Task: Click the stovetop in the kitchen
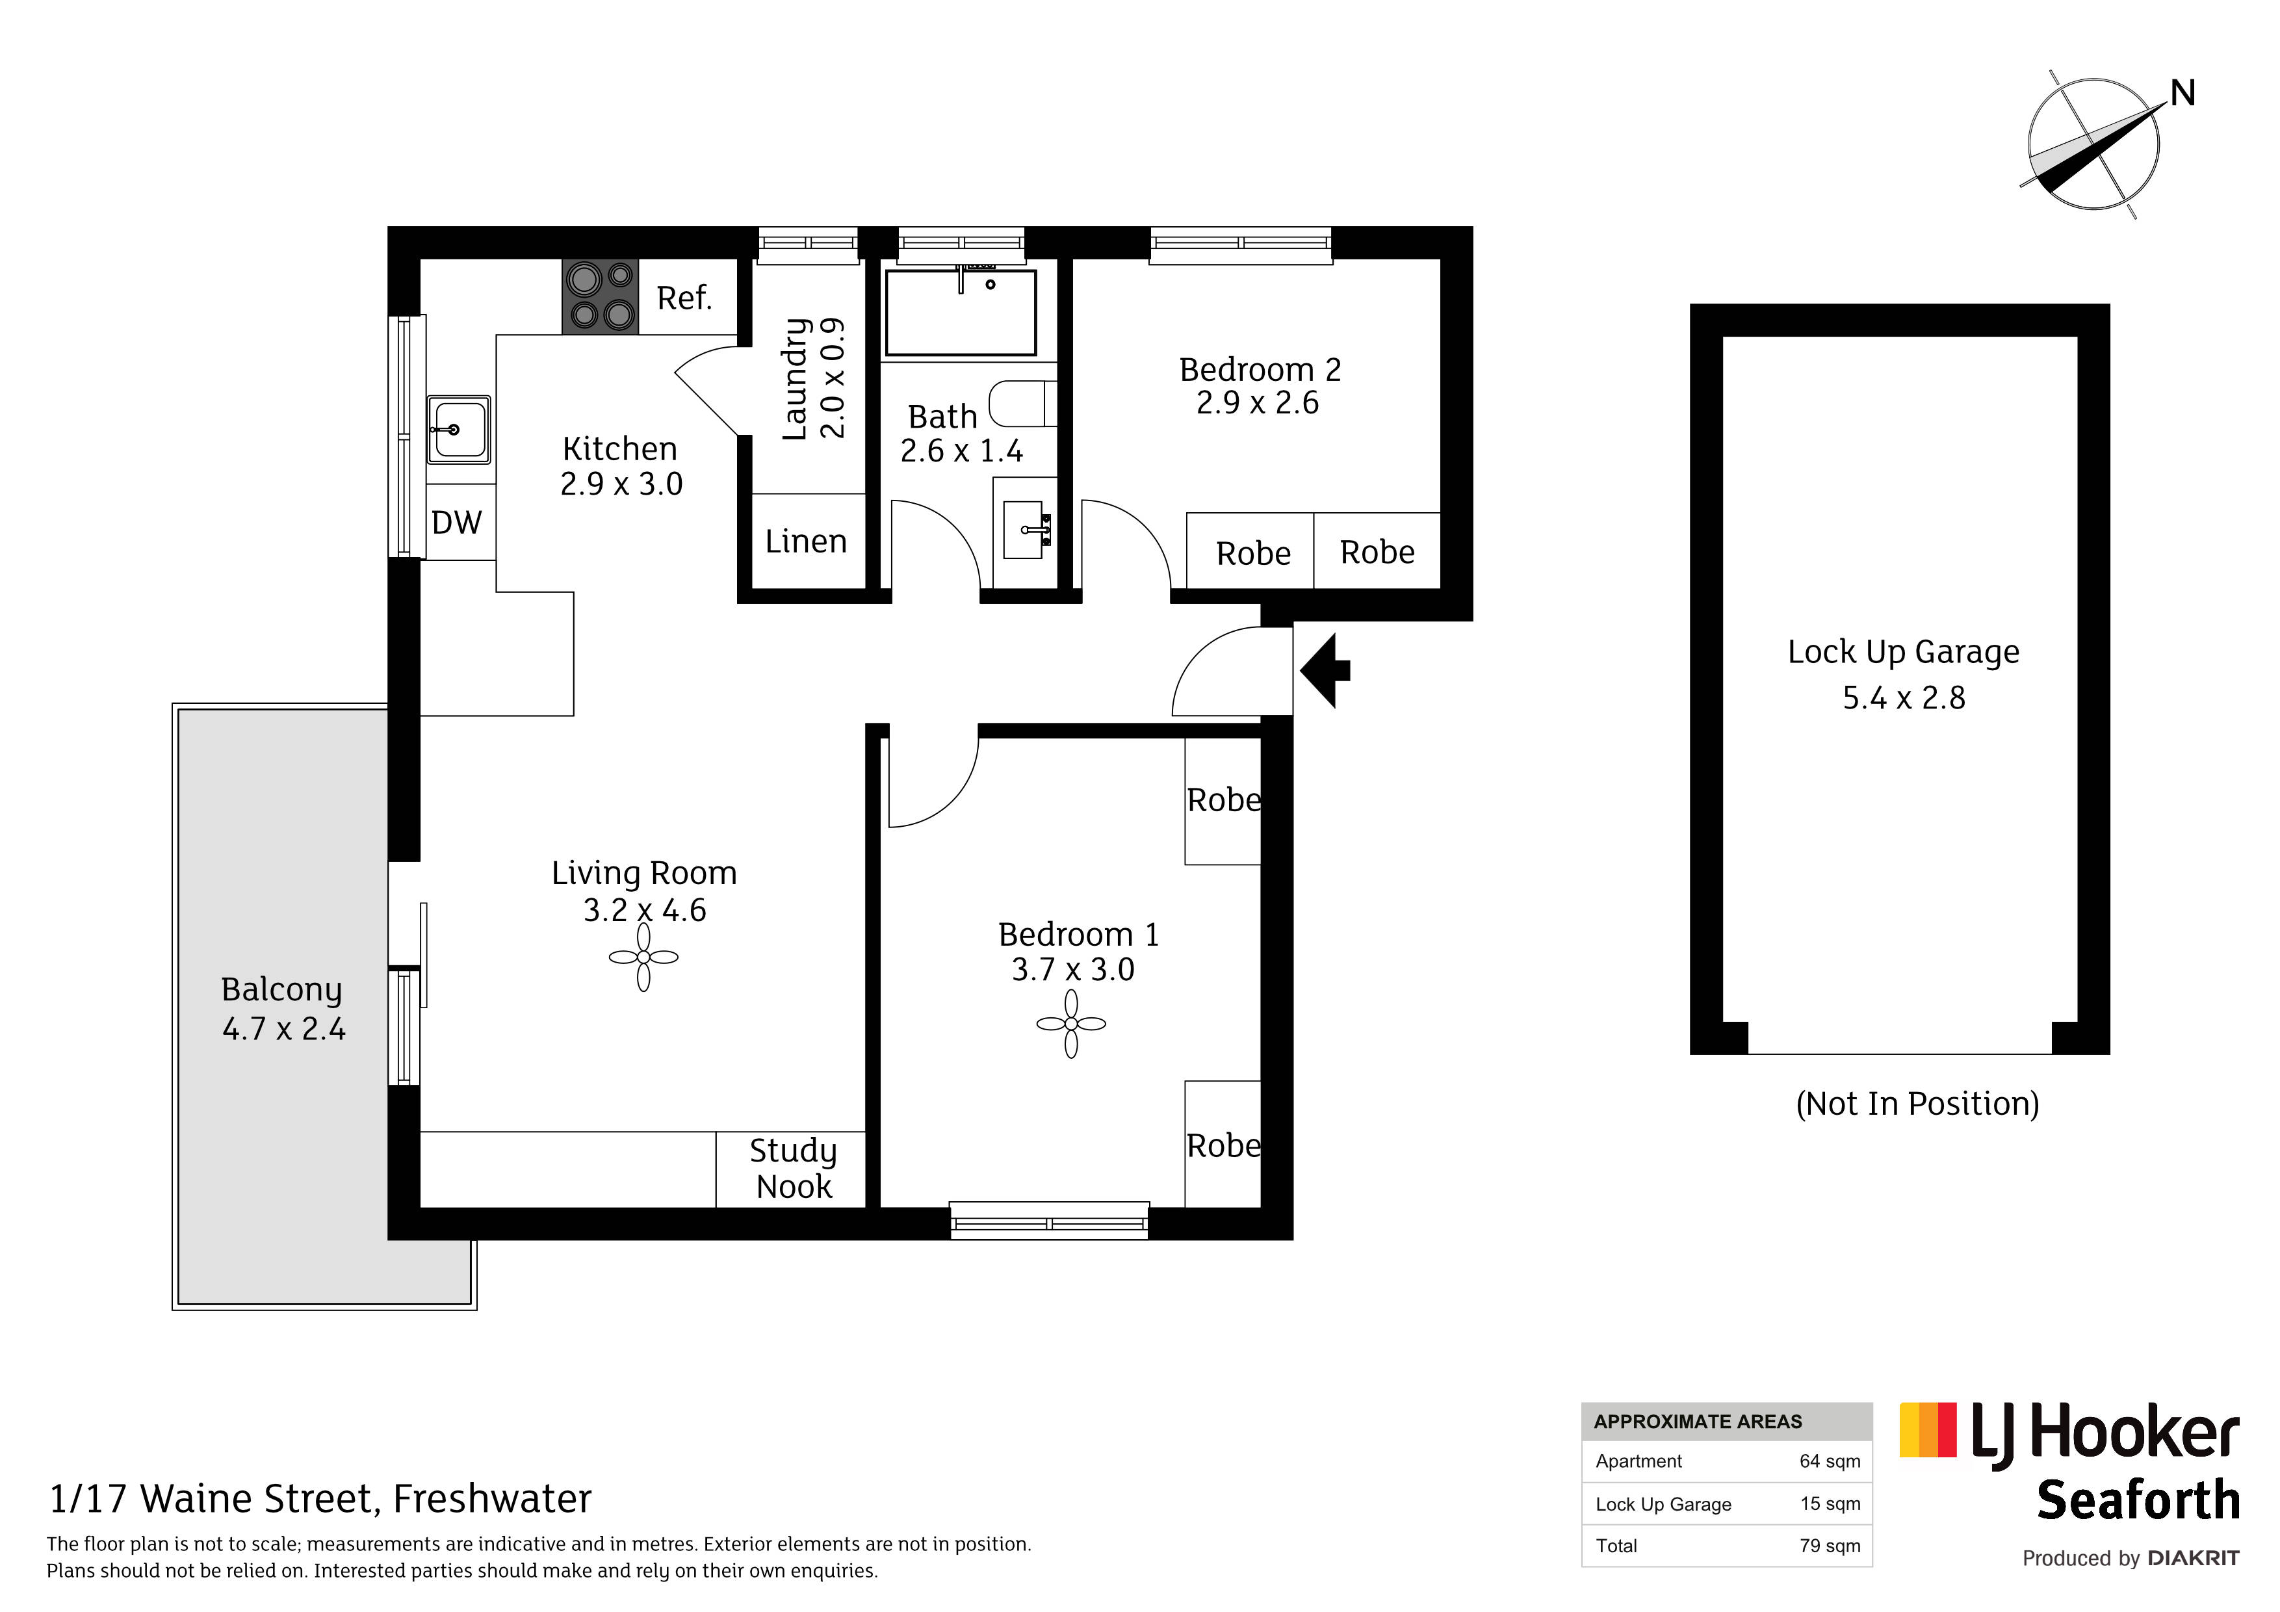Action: [x=600, y=296]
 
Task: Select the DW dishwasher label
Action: [x=457, y=523]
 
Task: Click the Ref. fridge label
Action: [x=684, y=298]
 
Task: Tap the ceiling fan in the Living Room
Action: [x=643, y=957]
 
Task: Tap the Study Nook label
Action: [x=794, y=1169]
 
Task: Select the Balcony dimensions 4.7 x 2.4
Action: [x=284, y=1029]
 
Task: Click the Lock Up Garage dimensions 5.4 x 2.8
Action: [x=1904, y=698]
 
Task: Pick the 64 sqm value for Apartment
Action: [x=1829, y=1461]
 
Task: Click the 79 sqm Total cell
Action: [x=1829, y=1546]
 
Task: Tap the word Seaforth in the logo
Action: [x=2138, y=1500]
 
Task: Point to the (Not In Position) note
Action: [x=1917, y=1104]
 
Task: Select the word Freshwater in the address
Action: [x=493, y=1499]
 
